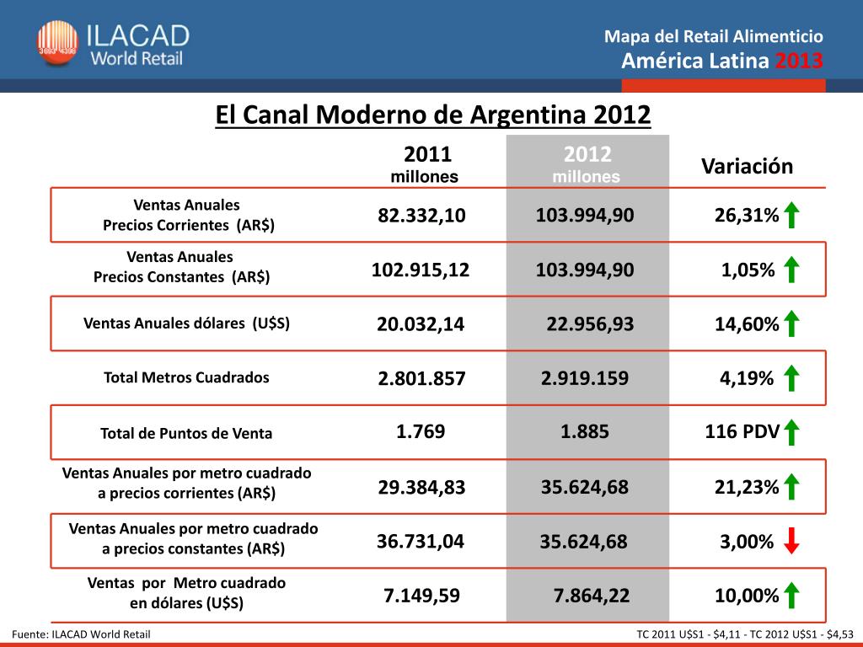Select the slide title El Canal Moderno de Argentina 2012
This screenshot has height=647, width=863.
(x=433, y=115)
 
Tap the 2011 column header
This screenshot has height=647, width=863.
(x=427, y=155)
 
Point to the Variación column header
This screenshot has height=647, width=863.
(x=747, y=166)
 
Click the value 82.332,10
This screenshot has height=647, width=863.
(x=421, y=216)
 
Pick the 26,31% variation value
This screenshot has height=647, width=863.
(x=746, y=216)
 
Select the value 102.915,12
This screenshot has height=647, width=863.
(x=421, y=270)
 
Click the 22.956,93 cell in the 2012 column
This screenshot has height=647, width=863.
(x=590, y=324)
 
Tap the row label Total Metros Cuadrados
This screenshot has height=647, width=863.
(x=186, y=377)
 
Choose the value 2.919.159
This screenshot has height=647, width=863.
(x=584, y=378)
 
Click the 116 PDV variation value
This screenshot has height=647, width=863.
(x=741, y=433)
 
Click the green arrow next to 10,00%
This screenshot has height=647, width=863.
(x=791, y=595)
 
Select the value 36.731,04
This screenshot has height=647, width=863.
(x=421, y=541)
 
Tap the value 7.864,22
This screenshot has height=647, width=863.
(x=591, y=596)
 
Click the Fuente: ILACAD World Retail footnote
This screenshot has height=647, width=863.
(x=82, y=634)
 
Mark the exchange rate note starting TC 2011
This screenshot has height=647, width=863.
(x=745, y=634)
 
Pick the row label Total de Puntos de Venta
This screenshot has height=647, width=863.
(x=186, y=434)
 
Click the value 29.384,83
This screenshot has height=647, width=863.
(x=421, y=487)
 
